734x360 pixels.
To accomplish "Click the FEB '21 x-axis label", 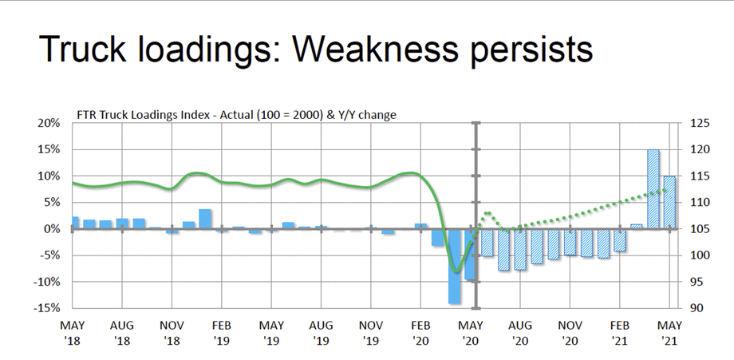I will point(619,333).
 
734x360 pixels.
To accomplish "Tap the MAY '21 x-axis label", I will point(669,333).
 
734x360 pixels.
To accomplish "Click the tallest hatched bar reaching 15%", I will point(653,189).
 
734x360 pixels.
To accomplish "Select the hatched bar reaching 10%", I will point(669,203).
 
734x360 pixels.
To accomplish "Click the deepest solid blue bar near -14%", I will point(454,266).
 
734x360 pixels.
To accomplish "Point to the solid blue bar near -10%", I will point(470,255).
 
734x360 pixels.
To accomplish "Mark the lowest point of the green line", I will point(456,271).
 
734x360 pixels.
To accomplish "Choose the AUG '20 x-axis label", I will point(519,333).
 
